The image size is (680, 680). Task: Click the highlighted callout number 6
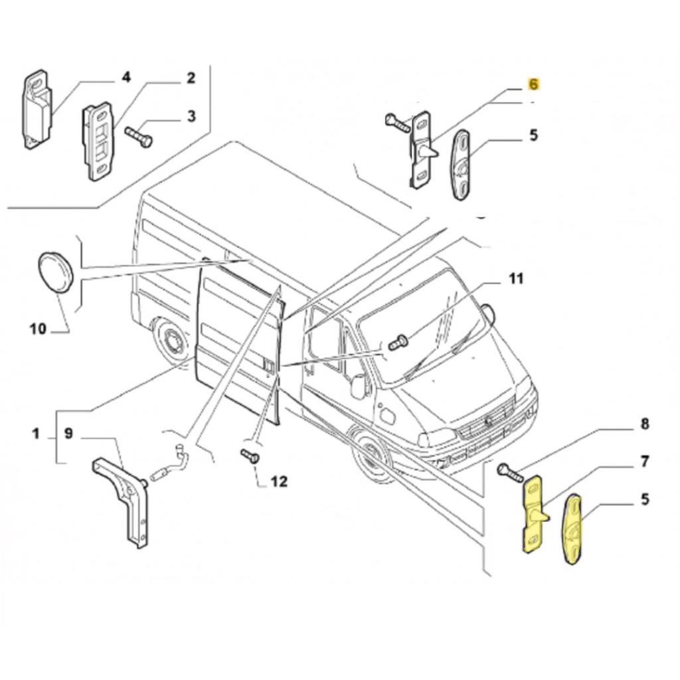534,84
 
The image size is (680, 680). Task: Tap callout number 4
126,78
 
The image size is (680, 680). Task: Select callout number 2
191,78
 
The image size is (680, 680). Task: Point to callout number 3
191,117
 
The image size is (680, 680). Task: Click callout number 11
516,278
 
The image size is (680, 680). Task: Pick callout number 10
38,328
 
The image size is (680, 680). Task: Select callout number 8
644,424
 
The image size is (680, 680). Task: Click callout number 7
644,461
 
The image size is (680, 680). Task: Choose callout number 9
68,434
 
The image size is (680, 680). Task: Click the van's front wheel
373,456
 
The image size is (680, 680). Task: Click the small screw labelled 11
398,343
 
